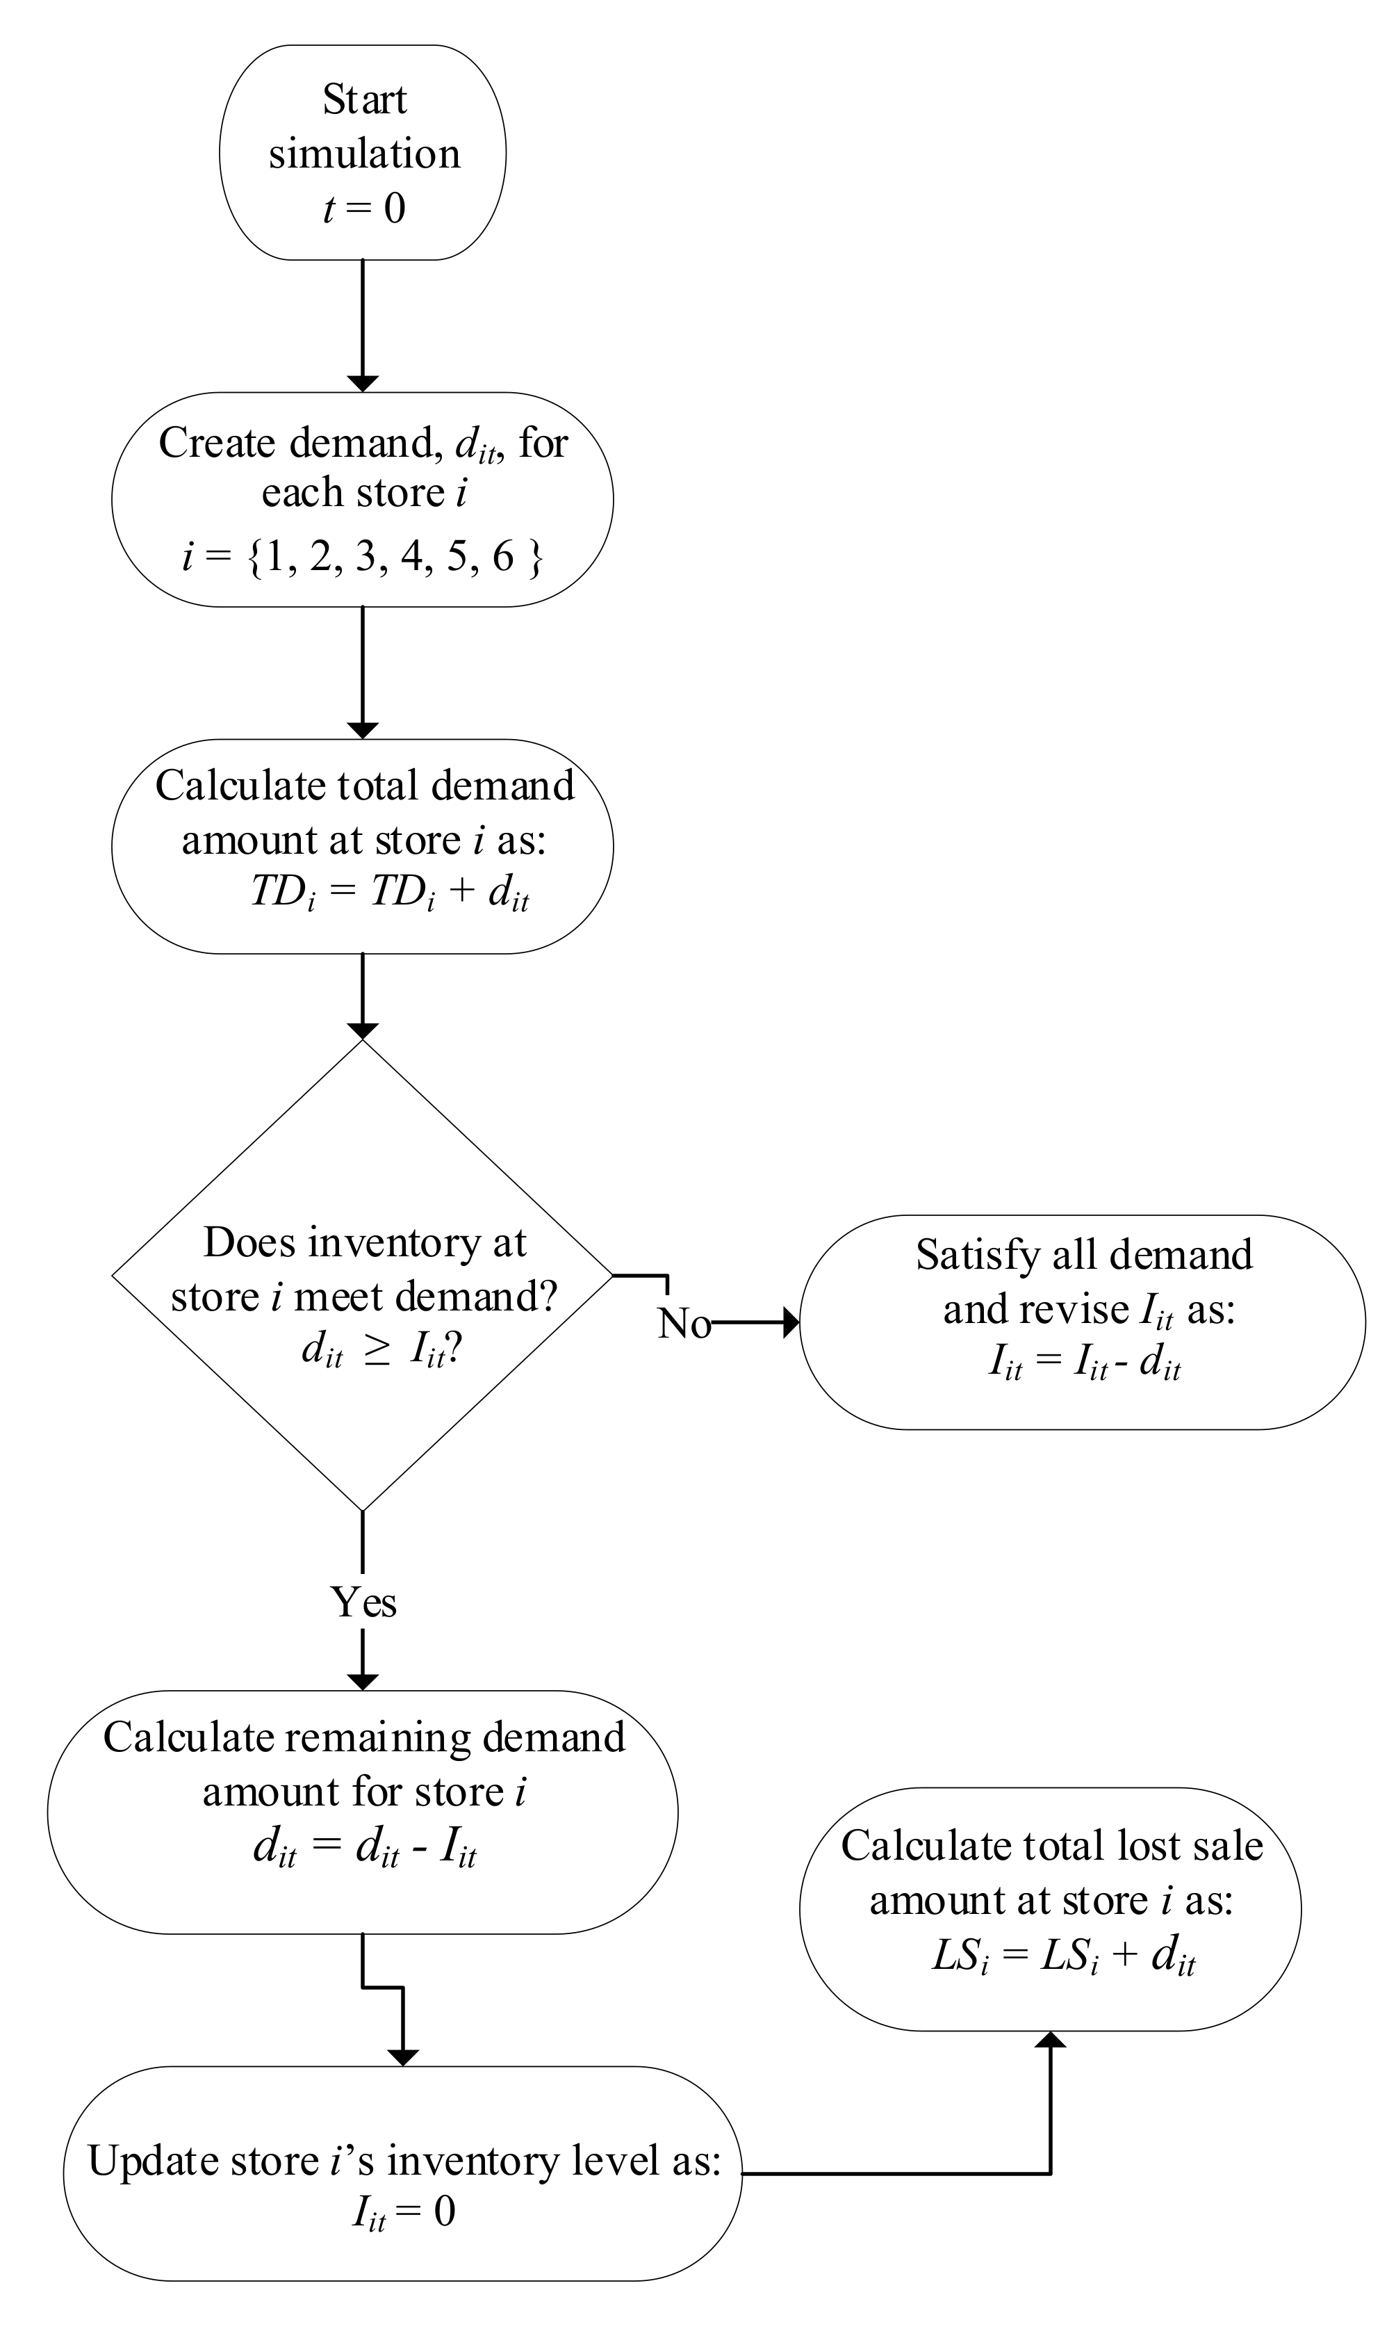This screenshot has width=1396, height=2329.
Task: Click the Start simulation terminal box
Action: point(363,152)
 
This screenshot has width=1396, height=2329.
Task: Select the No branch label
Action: point(684,1323)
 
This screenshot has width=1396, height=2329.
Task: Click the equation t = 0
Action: point(364,208)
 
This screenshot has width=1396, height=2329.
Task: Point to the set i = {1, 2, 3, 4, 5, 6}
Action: point(363,557)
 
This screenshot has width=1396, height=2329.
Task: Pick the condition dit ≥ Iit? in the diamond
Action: point(380,1350)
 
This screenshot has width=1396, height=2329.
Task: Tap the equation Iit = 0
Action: point(404,2212)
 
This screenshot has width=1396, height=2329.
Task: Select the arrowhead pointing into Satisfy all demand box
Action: point(790,1322)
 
